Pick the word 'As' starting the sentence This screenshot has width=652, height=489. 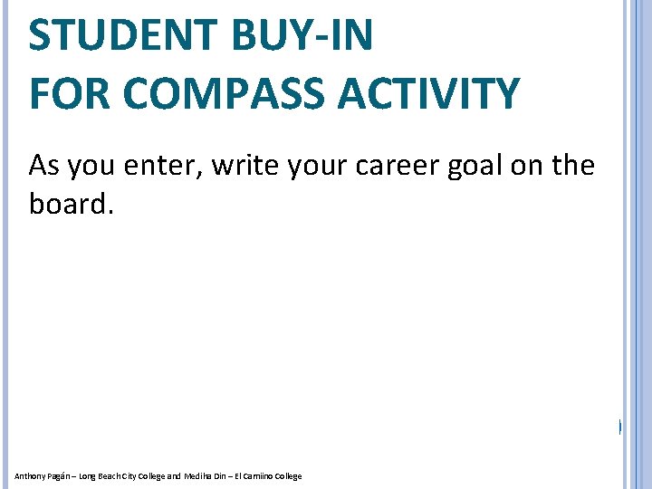pyautogui.click(x=43, y=166)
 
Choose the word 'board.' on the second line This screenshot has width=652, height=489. pyautogui.click(x=72, y=204)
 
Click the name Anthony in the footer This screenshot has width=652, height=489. pyautogui.click(x=26, y=476)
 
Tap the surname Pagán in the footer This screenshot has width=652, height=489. pyautogui.click(x=53, y=476)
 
